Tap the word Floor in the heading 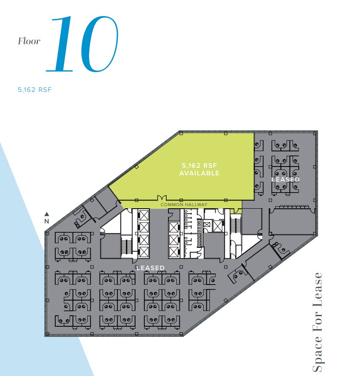pos(29,41)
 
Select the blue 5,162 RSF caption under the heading pos(35,89)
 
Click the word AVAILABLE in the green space pos(199,173)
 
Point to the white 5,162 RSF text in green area pos(199,166)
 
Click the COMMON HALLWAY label pos(184,205)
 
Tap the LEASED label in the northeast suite pos(285,180)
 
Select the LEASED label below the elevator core pos(150,268)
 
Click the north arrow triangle pos(47,214)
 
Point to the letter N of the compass pos(47,220)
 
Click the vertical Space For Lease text pos(317,322)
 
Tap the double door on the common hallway pos(160,198)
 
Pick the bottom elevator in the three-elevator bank pos(173,252)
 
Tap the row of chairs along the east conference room pos(292,207)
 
